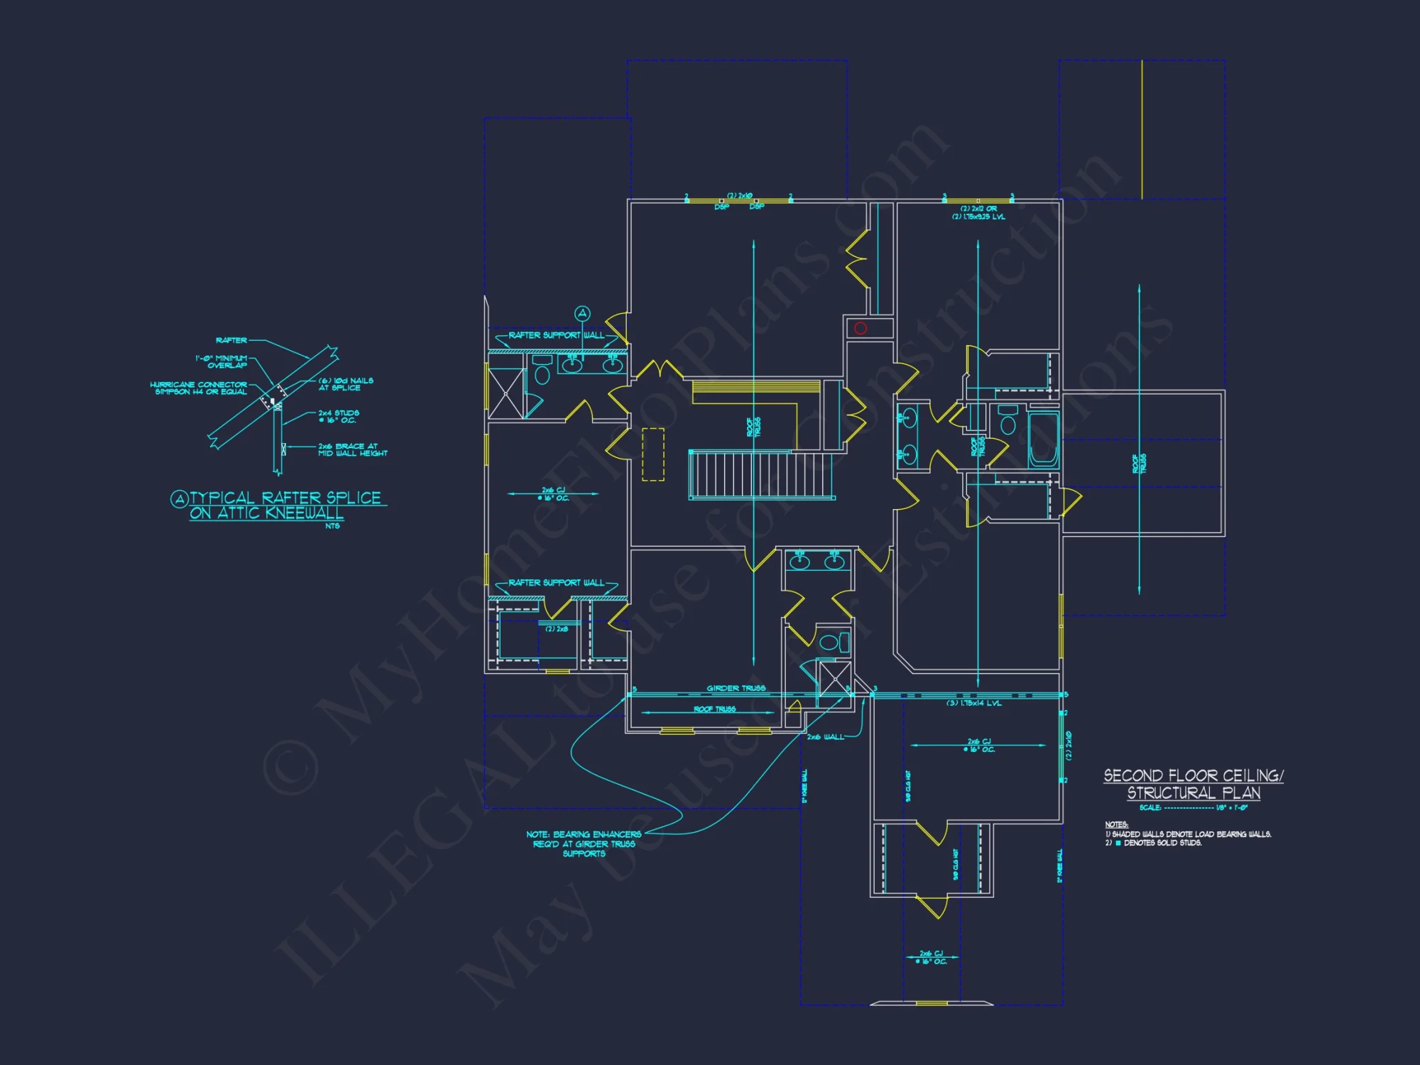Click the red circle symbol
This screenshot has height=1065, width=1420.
[x=861, y=328]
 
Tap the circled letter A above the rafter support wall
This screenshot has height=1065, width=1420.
[x=582, y=313]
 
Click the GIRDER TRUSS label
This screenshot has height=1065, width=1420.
[x=736, y=688]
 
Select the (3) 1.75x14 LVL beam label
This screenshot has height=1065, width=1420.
[x=974, y=703]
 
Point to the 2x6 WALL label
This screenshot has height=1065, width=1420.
[x=825, y=737]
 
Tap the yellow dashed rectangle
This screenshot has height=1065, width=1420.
[x=653, y=454]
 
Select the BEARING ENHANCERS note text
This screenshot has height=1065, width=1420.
[x=584, y=843]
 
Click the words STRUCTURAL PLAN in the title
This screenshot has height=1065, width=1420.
[x=1194, y=792]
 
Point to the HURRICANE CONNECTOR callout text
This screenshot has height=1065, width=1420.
[x=199, y=388]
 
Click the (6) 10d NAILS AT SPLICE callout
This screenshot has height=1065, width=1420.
[x=345, y=384]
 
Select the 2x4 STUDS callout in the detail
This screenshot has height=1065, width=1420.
[x=338, y=416]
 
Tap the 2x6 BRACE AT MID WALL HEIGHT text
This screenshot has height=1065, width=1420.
[x=352, y=449]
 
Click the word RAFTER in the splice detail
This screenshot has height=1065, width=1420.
[x=231, y=340]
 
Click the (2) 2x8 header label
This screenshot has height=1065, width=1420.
[x=557, y=629]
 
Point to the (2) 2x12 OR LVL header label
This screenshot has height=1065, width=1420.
[x=978, y=212]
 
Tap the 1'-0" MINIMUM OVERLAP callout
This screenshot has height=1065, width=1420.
[x=222, y=361]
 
